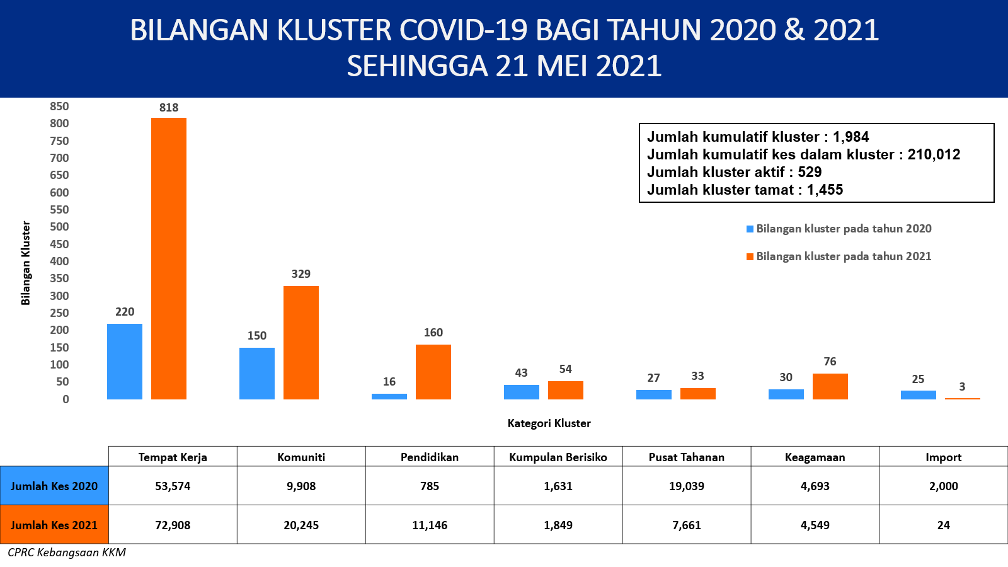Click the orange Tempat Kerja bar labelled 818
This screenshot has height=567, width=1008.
[x=169, y=258]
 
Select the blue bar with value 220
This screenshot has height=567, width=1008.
[x=125, y=362]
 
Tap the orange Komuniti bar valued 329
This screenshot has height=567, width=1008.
[x=301, y=343]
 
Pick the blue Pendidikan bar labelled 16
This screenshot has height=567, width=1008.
[x=389, y=396]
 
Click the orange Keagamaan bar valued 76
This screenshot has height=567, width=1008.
[x=830, y=386]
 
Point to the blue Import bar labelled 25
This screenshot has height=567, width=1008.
[x=919, y=395]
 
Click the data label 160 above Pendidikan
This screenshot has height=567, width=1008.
[x=433, y=333]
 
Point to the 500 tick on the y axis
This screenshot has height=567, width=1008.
[x=59, y=227]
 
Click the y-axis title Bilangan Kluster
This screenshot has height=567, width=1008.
[x=26, y=263]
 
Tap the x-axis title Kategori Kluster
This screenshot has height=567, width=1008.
[x=549, y=423]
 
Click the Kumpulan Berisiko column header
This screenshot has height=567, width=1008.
[x=558, y=457]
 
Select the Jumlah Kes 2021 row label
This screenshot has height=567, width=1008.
[x=54, y=525]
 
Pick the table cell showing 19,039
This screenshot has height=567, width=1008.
[x=687, y=486]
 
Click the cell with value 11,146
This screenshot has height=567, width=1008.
[x=430, y=525]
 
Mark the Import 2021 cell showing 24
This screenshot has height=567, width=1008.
[x=944, y=525]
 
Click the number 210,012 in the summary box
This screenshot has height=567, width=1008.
[x=934, y=155]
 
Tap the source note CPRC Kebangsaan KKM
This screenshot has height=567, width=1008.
[x=67, y=553]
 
